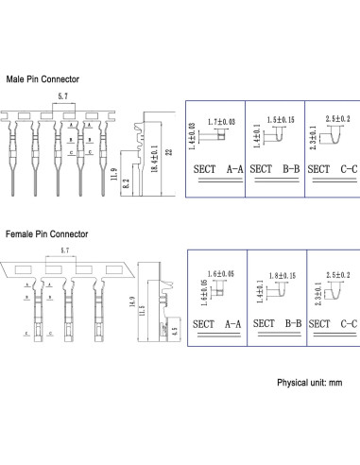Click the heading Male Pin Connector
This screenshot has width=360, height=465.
(x=43, y=79)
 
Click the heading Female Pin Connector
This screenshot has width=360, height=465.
(x=47, y=232)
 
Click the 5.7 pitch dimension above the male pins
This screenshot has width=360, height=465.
(x=63, y=97)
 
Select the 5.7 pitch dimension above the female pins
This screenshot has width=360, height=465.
(x=63, y=250)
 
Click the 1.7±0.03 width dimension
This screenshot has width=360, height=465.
(x=221, y=122)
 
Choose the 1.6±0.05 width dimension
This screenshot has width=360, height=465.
(x=219, y=274)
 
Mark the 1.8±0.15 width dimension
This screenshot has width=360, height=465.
(x=283, y=275)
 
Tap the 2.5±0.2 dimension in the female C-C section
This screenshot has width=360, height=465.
(x=338, y=274)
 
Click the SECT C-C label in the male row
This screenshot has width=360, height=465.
(x=333, y=167)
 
